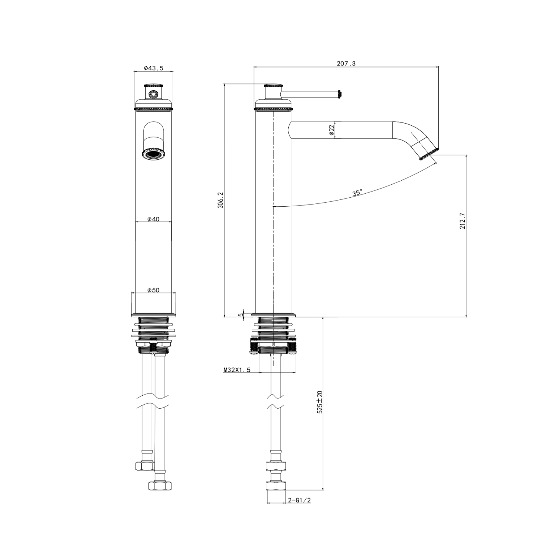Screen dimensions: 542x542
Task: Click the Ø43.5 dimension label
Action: pyautogui.click(x=154, y=68)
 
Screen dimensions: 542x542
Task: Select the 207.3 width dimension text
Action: pyautogui.click(x=346, y=64)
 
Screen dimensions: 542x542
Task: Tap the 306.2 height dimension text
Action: pyautogui.click(x=221, y=200)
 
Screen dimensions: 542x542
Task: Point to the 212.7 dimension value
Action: pyautogui.click(x=463, y=221)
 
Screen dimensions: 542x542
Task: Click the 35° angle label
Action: pyautogui.click(x=357, y=193)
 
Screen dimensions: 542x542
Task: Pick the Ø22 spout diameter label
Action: pyautogui.click(x=332, y=130)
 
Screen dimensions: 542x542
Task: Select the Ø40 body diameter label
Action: pyautogui.click(x=154, y=219)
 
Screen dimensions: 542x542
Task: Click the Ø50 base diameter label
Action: pyautogui.click(x=154, y=290)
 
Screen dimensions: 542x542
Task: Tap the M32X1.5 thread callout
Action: pyautogui.click(x=237, y=370)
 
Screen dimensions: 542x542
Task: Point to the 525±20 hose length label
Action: pyautogui.click(x=319, y=402)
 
